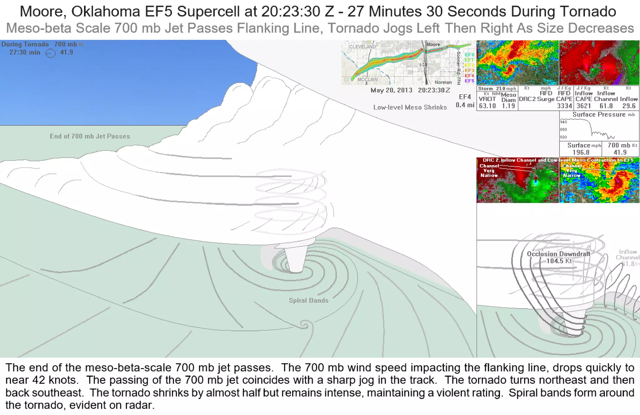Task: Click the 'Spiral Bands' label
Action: coord(308,300)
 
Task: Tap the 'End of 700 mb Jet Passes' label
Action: coord(90,136)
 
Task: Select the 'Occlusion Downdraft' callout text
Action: coord(558,254)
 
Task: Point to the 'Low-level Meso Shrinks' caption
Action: coord(410,107)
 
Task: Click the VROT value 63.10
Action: coord(487,106)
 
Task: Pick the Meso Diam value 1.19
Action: coord(508,106)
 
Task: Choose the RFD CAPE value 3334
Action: coord(564,106)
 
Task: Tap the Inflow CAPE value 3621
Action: coord(583,106)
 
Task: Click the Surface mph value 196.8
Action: coord(581,153)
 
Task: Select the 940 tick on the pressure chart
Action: coord(563,122)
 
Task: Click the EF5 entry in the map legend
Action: coord(469,81)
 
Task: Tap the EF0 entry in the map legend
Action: coord(469,55)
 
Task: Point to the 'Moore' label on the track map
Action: coord(433,45)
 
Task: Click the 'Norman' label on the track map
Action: coord(443,82)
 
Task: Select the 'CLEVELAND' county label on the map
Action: coord(362,47)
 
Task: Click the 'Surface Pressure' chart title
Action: coord(599,115)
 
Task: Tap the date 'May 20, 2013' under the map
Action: coord(391,90)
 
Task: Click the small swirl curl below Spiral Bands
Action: coord(305,325)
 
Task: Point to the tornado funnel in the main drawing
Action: coord(295,259)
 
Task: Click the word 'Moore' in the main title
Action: coord(43,12)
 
